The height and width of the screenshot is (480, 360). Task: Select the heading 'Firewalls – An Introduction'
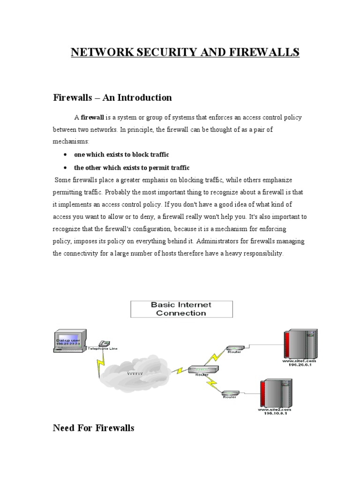[x=112, y=97]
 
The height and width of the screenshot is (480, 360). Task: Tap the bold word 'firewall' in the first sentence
[x=92, y=117]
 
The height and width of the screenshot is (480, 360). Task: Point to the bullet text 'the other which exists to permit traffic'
[x=132, y=167]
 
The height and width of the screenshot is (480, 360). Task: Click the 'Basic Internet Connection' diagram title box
[x=181, y=309]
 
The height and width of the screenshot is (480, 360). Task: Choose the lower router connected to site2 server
[x=230, y=393]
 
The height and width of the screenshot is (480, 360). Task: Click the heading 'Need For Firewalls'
[x=93, y=428]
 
